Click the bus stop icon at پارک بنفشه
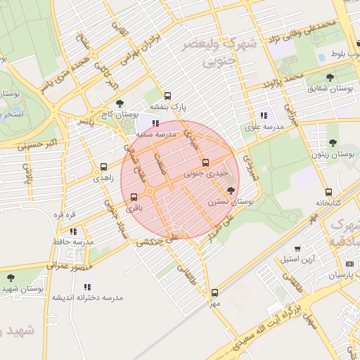tap(167, 96)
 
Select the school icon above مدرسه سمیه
tap(155, 123)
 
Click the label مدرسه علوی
tap(264, 127)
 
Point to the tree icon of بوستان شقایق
tap(330, 77)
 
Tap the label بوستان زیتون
tap(333, 154)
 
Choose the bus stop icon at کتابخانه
tap(328, 192)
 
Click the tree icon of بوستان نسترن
tap(231, 190)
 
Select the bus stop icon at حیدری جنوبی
tap(205, 162)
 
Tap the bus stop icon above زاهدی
tap(104, 167)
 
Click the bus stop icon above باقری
tap(134, 197)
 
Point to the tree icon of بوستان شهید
tap(11, 278)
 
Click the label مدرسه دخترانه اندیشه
tap(87, 297)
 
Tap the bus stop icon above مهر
tap(214, 292)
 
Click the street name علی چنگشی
tap(157, 240)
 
